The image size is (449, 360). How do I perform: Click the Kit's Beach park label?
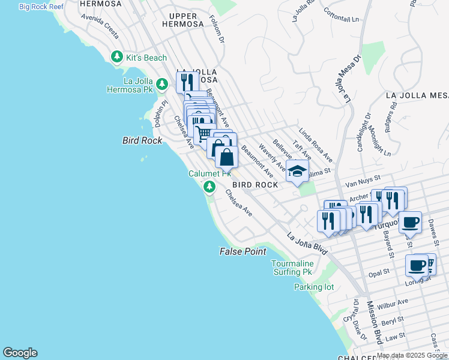point(146,58)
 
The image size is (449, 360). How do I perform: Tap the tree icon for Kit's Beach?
point(117,58)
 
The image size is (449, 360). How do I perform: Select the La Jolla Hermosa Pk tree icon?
point(162,85)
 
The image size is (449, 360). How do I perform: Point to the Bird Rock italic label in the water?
point(142,140)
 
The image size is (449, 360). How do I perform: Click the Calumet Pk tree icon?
point(209,187)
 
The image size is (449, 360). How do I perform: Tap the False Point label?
point(243,251)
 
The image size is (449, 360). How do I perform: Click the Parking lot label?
point(314,287)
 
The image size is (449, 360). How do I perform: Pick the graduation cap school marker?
point(297,172)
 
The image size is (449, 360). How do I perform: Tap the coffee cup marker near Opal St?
point(417,265)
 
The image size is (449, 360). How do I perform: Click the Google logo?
point(20,353)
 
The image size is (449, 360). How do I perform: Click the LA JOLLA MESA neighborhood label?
point(417,95)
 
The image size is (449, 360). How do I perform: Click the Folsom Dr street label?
point(218,30)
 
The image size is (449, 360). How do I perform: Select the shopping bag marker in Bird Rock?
point(226,158)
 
